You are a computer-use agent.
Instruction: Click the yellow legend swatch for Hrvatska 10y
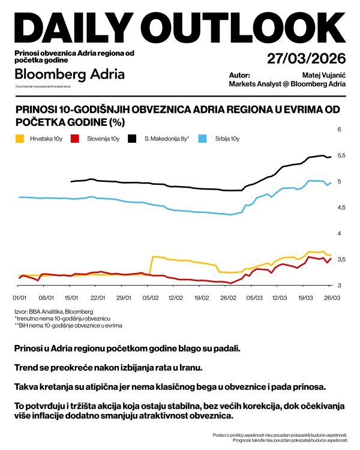click(x=20, y=139)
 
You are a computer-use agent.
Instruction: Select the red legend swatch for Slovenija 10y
click(x=75, y=139)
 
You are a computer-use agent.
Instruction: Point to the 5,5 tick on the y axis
click(x=341, y=155)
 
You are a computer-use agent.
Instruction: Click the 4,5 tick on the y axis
click(x=341, y=208)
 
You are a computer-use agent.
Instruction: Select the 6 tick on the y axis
click(x=339, y=130)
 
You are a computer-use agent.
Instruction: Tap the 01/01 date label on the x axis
click(x=20, y=297)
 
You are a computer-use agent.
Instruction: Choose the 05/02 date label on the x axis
click(x=151, y=297)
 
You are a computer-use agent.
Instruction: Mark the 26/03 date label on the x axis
click(x=331, y=297)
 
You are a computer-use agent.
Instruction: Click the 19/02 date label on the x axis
click(x=202, y=297)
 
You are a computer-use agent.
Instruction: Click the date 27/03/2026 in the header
click(x=306, y=59)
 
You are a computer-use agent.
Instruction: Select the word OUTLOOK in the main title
click(x=246, y=27)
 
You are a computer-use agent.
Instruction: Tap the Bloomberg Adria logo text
click(x=69, y=75)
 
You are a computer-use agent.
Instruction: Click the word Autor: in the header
click(x=239, y=75)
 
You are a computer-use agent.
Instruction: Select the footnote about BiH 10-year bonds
click(x=68, y=326)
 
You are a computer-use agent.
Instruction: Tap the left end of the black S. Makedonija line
click(x=71, y=181)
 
